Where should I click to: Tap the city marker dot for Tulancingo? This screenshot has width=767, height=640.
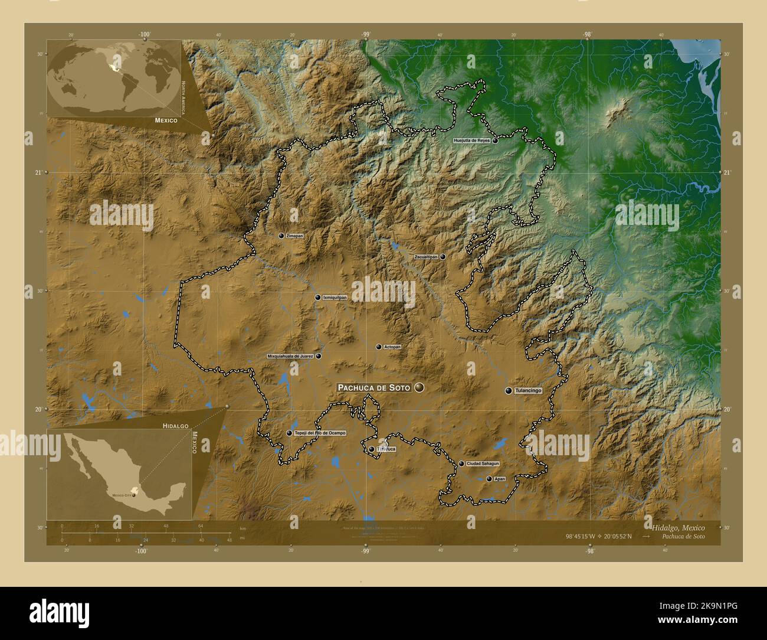508,390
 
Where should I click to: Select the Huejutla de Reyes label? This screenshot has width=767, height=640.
471,141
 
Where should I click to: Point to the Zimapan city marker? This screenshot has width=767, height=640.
281,236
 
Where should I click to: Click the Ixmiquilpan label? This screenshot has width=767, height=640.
335,298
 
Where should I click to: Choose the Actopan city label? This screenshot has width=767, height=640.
392,347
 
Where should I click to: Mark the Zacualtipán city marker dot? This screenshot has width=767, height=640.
442,257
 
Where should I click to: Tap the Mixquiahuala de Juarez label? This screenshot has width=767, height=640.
290,356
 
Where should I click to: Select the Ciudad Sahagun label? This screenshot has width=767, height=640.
483,463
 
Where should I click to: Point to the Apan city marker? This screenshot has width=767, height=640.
489,479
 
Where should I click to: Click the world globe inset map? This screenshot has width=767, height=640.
113,78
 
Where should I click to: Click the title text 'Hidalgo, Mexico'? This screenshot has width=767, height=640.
678,527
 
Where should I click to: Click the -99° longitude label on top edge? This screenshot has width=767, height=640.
366,35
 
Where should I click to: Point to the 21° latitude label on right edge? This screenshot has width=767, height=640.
726,172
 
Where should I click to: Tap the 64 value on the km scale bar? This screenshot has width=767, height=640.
201,525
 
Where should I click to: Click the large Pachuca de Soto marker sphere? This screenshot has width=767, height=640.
419,387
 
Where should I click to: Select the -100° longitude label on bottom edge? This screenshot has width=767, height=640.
140,550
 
